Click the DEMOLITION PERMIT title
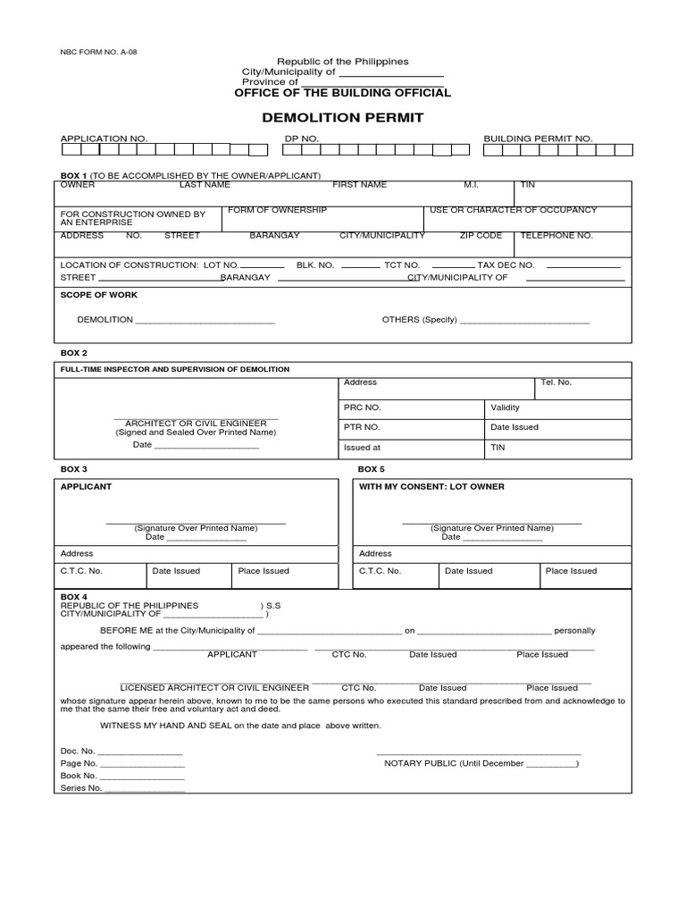[342, 118]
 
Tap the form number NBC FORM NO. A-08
[98, 52]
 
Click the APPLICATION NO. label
[104, 139]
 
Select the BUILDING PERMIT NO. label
[538, 139]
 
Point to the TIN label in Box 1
[528, 185]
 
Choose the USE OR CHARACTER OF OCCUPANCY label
[513, 210]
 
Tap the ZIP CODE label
[481, 236]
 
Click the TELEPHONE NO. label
[556, 236]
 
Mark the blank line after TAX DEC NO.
[582, 266]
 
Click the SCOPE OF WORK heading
[98, 295]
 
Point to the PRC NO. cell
[362, 407]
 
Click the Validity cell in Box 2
[506, 407]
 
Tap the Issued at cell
[362, 448]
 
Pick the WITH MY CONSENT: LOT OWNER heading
[431, 487]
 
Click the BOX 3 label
[73, 469]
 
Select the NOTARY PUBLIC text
[422, 764]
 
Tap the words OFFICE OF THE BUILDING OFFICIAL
[342, 93]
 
